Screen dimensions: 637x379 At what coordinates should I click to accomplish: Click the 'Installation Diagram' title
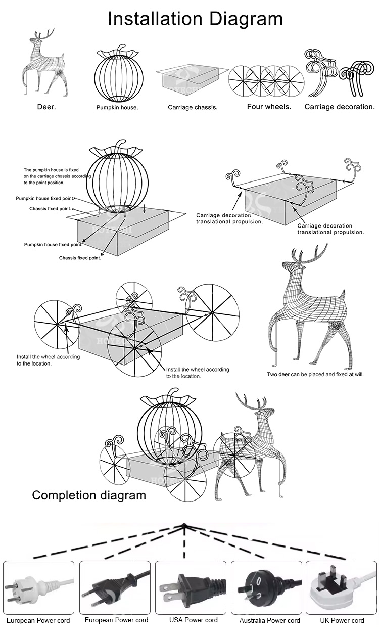(195, 19)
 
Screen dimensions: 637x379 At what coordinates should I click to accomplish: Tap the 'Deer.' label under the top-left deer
(46, 107)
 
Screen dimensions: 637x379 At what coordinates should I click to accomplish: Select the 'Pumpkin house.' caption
(117, 108)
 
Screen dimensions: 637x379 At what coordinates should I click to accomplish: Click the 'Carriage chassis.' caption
(193, 108)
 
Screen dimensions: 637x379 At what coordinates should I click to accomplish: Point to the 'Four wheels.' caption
(269, 107)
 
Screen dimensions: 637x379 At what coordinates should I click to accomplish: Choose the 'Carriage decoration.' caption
(340, 107)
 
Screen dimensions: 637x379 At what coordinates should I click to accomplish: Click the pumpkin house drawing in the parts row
(117, 76)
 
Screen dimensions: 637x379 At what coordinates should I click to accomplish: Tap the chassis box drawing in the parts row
(192, 81)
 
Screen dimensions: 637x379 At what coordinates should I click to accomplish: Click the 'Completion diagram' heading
(89, 495)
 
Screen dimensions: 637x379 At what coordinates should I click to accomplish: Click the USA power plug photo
(191, 586)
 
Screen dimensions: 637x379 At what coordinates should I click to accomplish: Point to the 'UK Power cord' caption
(342, 620)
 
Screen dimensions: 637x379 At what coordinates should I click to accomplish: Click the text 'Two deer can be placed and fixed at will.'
(315, 375)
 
